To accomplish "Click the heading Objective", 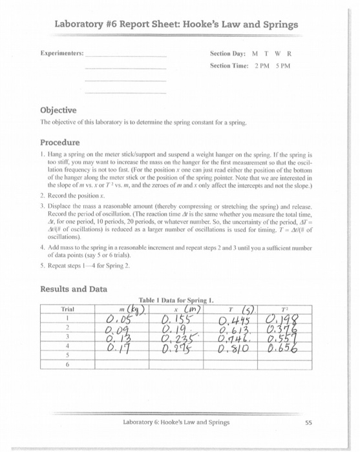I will click(x=58, y=110).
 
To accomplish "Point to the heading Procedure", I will click(x=59, y=142).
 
